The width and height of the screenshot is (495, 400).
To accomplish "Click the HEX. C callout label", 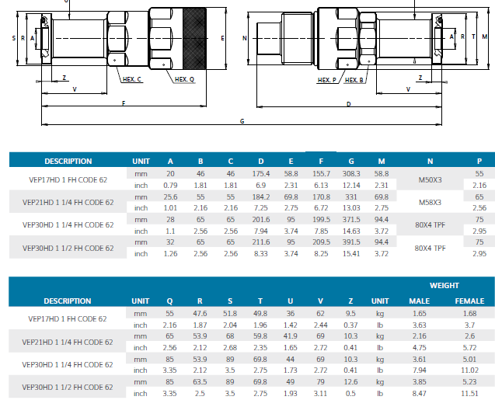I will [132, 79].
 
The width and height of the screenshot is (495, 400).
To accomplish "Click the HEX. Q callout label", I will [185, 79].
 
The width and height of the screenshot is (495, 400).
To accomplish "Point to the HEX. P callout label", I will [327, 80].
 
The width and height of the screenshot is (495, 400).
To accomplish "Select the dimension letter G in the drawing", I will [242, 121].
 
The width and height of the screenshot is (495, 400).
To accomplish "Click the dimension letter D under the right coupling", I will [348, 103].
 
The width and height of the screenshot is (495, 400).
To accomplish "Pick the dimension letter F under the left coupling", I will [124, 103].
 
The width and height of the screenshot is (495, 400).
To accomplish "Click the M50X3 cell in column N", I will [430, 179].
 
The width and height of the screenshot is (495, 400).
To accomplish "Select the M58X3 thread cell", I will [430, 203].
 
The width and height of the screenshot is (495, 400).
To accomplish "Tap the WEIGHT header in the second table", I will [444, 286].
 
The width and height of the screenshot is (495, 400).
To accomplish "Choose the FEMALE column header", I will [469, 301].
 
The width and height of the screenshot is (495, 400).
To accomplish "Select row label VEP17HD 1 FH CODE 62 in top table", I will [68, 179].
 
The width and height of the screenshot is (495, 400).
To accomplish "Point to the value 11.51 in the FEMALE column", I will [469, 394].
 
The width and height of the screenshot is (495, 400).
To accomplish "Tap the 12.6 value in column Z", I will [350, 382].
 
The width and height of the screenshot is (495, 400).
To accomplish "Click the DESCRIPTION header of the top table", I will [68, 162].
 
